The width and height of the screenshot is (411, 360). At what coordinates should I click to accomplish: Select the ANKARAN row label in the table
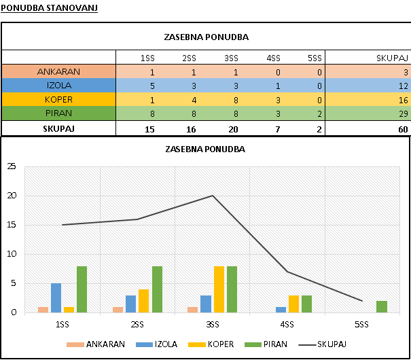(x=59, y=72)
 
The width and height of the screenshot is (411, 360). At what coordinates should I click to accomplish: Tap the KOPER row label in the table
(x=59, y=99)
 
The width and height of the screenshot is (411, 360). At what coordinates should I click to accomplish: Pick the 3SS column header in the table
(x=231, y=58)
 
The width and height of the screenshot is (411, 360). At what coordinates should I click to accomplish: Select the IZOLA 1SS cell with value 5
(x=153, y=86)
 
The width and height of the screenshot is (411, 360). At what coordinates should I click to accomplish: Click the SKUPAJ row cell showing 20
(x=231, y=128)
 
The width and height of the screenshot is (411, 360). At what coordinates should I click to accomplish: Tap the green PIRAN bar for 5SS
(x=381, y=306)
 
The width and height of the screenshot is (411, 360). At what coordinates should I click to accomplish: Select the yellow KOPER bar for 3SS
(x=219, y=289)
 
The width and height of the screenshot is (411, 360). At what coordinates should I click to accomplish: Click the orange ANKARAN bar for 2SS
(x=118, y=310)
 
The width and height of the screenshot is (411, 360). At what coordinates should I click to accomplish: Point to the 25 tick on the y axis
(x=11, y=167)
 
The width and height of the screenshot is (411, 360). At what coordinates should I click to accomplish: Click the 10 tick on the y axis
(x=11, y=254)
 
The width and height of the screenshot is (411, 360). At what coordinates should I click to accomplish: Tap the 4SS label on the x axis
(x=287, y=325)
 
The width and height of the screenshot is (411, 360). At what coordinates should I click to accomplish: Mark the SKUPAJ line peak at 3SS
(x=213, y=196)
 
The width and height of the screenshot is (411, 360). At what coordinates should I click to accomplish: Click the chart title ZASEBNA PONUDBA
(x=204, y=149)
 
